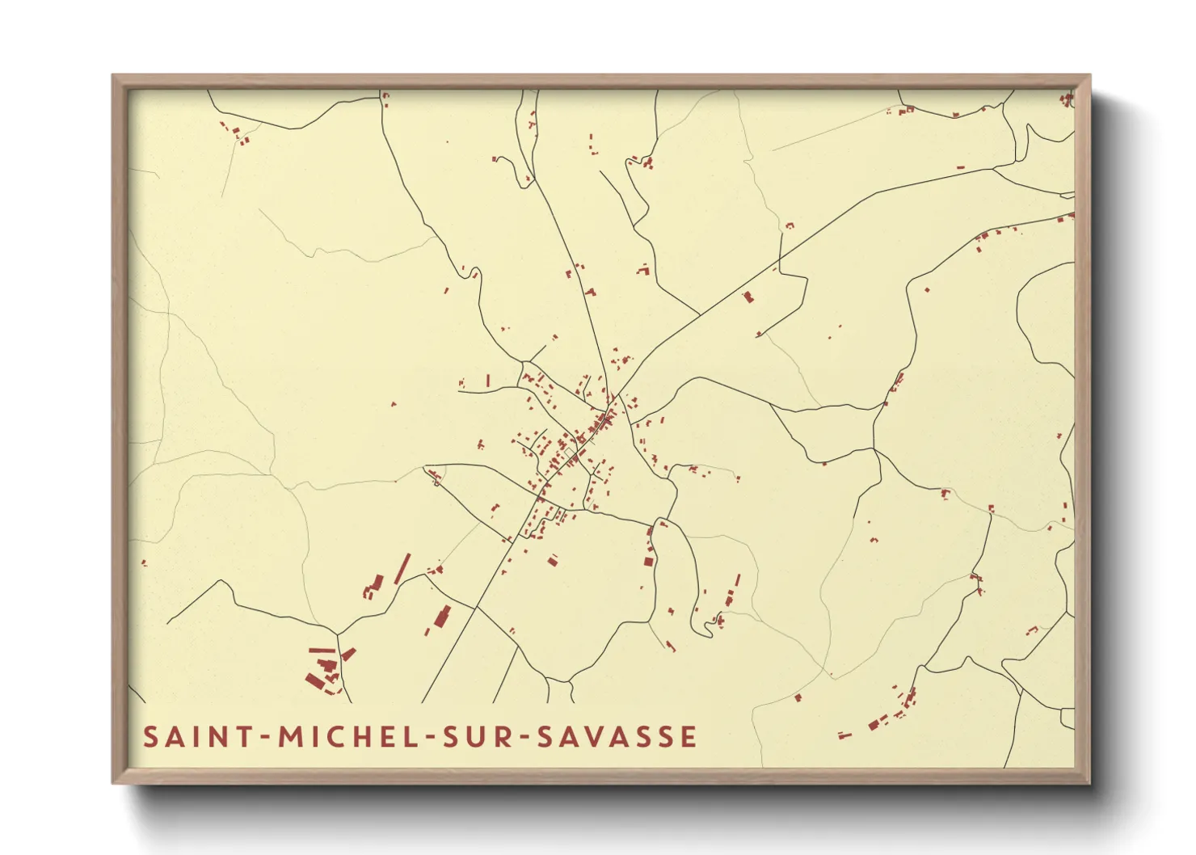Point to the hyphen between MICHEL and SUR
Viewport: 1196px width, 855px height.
[428, 738]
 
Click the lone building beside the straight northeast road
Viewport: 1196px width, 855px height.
[748, 297]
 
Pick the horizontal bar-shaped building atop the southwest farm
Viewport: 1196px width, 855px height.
[322, 650]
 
